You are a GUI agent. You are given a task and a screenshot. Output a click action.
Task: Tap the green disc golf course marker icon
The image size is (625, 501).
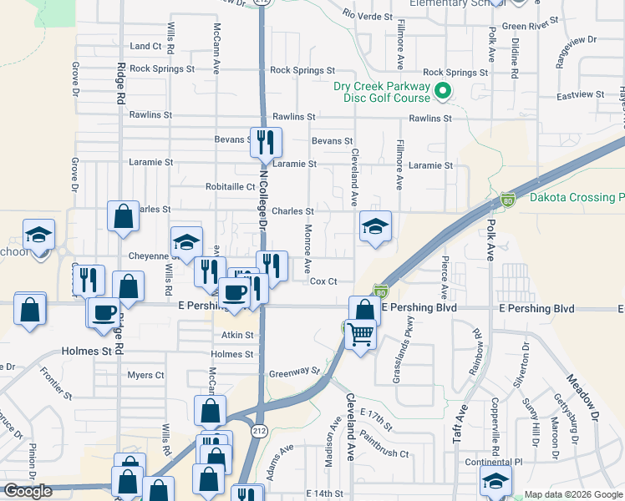click(444, 92)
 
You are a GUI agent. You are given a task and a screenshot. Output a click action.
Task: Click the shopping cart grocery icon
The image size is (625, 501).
click(362, 334)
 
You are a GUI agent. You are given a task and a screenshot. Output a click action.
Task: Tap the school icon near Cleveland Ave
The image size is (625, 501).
click(375, 225)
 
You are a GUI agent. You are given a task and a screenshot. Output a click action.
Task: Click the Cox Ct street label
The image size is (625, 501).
click(323, 281)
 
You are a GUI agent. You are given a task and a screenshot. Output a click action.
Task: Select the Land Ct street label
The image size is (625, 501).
click(145, 46)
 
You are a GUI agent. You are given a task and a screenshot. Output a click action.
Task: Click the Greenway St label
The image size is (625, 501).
click(294, 371)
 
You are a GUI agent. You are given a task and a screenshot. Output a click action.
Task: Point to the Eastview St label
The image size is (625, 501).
click(579, 95)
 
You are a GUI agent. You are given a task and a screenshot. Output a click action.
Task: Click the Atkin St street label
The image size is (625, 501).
click(236, 335)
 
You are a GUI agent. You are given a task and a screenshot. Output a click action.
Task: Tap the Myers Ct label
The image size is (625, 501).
click(145, 376)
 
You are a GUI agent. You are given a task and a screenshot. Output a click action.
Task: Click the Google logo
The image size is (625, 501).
click(28, 491)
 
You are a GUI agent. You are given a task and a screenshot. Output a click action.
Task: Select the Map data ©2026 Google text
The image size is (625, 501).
click(572, 494)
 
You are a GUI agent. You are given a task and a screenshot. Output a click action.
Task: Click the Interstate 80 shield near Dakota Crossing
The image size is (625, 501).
click(507, 199)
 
